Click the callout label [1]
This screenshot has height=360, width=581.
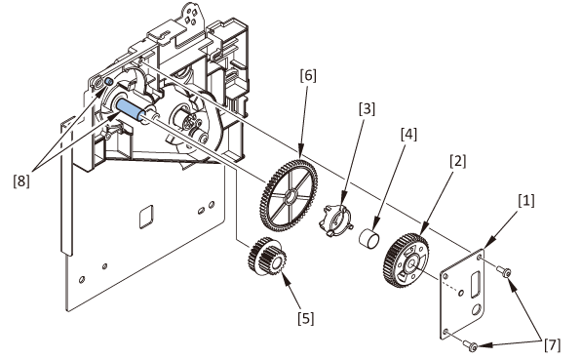(526, 201)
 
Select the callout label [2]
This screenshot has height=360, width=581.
(458, 161)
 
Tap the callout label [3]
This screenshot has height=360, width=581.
(367, 109)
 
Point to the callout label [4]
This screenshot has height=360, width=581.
(409, 135)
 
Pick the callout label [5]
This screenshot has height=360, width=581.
(306, 318)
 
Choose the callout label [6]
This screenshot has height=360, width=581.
(308, 75)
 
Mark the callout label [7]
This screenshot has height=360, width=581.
(553, 344)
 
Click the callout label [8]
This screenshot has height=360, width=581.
(21, 180)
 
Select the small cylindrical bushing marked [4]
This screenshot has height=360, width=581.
(369, 236)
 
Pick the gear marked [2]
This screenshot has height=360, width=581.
(407, 260)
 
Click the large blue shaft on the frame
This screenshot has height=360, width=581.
(129, 109)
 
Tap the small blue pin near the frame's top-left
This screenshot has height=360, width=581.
(109, 82)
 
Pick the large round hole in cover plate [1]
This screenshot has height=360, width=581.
(478, 309)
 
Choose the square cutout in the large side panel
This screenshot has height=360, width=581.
(146, 217)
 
